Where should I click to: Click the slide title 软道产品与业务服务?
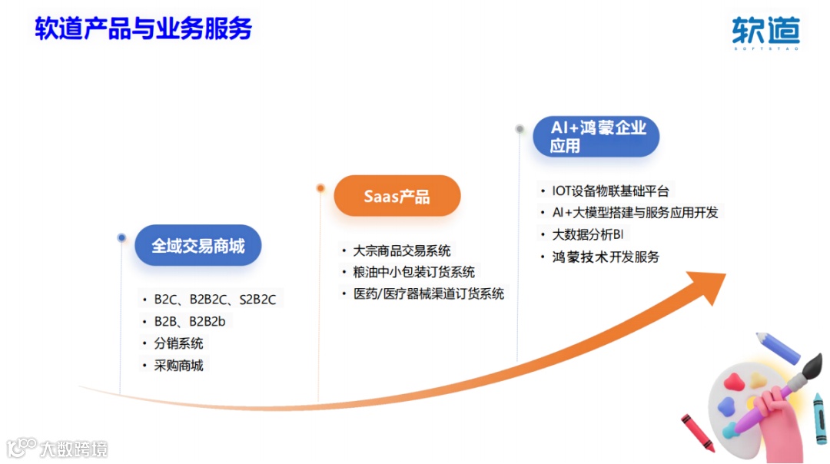click(x=144, y=28)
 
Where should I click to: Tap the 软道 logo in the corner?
click(x=766, y=31)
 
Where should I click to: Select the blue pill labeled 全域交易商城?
click(x=198, y=246)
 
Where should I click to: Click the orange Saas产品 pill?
click(x=397, y=197)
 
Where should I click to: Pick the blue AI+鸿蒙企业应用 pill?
click(x=596, y=137)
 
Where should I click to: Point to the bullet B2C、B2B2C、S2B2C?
click(x=215, y=300)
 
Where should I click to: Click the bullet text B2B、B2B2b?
click(x=190, y=321)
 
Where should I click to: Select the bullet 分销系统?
click(x=178, y=343)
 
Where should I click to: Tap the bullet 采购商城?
click(x=178, y=366)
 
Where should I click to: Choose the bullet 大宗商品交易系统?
click(x=402, y=250)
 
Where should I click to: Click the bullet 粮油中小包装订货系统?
click(x=414, y=272)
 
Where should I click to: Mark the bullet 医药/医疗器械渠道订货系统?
click(x=429, y=293)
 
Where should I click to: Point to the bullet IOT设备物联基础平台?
click(x=610, y=191)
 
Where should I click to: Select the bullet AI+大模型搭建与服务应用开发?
click(x=636, y=213)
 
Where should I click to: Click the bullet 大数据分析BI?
click(x=588, y=234)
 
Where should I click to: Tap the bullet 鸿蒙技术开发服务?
click(x=606, y=257)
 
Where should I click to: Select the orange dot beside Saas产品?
click(x=320, y=187)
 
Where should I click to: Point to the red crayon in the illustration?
click(x=698, y=433)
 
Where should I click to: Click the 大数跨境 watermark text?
click(x=74, y=449)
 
